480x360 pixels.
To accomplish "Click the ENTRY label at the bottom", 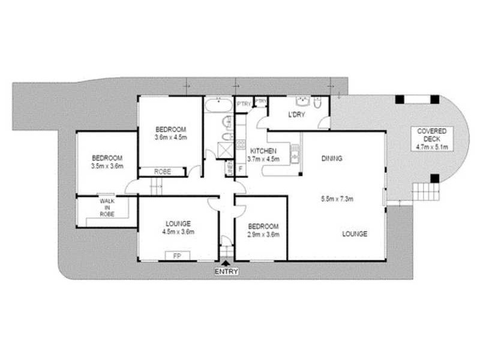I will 226,272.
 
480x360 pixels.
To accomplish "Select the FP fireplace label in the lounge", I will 177,256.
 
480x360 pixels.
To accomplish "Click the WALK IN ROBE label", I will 107,207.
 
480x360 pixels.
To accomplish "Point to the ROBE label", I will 163,172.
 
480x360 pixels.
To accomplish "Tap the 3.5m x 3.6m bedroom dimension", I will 107,166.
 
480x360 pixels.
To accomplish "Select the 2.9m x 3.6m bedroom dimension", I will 263,234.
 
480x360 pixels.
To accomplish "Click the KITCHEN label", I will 263,151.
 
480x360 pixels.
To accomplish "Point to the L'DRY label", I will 294,115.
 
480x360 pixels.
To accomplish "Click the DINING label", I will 331,159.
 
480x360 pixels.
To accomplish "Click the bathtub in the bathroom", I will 218,107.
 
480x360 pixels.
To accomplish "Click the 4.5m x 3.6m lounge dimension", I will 178,231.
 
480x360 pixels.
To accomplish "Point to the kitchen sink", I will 295,153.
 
